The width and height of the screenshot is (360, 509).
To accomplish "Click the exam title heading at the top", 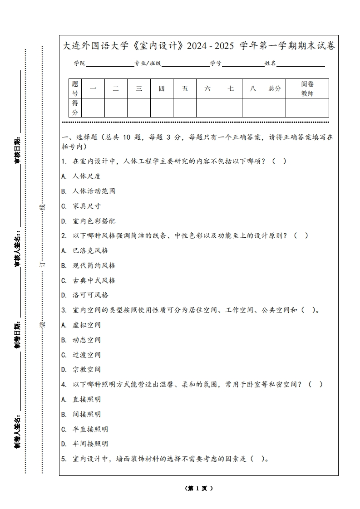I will coord(199,46).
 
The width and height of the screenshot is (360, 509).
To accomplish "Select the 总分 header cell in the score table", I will coord(275,88).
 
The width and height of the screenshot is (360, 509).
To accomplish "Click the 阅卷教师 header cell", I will coord(307,88).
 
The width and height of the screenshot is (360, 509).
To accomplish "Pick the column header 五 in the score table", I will coord(185,88).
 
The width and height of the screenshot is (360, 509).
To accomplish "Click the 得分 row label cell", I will coord(75,108).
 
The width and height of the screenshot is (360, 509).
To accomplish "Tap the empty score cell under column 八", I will coord(253,108).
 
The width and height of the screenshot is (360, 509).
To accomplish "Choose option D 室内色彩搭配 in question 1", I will coord(89,221).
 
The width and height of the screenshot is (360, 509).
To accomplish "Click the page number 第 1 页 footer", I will coord(199,489).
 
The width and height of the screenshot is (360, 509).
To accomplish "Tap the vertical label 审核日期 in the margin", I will coord(18,150).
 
